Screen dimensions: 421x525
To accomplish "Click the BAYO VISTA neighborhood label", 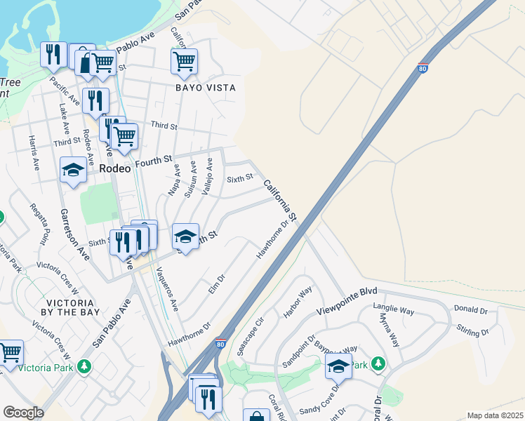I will pos(206,88).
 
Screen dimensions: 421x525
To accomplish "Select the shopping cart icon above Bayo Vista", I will pos(184,61).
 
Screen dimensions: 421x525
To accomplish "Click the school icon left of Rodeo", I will pos(73,170).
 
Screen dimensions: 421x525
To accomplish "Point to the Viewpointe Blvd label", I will pos(347,300).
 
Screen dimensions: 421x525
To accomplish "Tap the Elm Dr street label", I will pos(216,283).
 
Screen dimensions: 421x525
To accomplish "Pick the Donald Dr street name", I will pos(470,309).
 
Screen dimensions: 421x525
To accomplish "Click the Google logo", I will pos(23,413).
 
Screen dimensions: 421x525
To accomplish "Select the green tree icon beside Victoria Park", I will pos(84,366).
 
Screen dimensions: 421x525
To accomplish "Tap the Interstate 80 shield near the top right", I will pos(422,68).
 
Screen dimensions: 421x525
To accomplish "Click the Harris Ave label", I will pos(34,152).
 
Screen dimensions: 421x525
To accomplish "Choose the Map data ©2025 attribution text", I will pos(495,415).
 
